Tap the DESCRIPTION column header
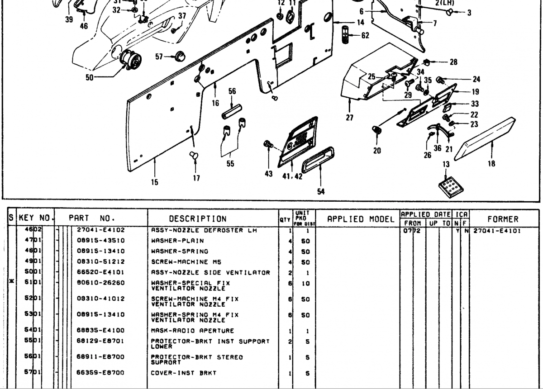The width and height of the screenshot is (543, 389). tap(198, 219)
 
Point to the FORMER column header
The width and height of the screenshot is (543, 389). tap(503, 219)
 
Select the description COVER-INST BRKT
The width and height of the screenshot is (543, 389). tap(183, 373)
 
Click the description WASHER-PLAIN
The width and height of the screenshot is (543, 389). tap(177, 241)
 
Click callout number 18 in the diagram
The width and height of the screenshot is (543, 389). tap(491, 164)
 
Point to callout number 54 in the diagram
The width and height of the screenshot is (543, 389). tap(321, 191)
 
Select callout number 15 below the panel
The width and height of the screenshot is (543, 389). tap(155, 183)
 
